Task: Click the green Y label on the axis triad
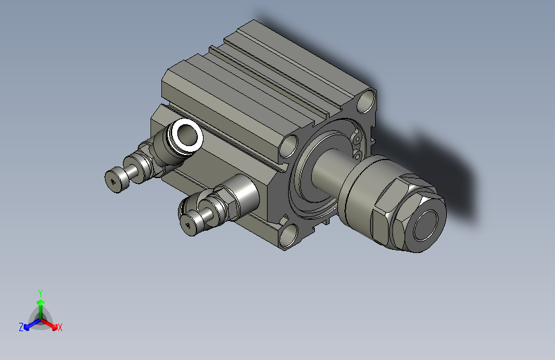40,291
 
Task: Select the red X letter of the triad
60,328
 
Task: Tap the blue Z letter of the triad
21,327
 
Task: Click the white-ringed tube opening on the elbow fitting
188,135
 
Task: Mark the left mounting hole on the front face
289,145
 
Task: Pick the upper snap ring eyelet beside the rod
356,138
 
